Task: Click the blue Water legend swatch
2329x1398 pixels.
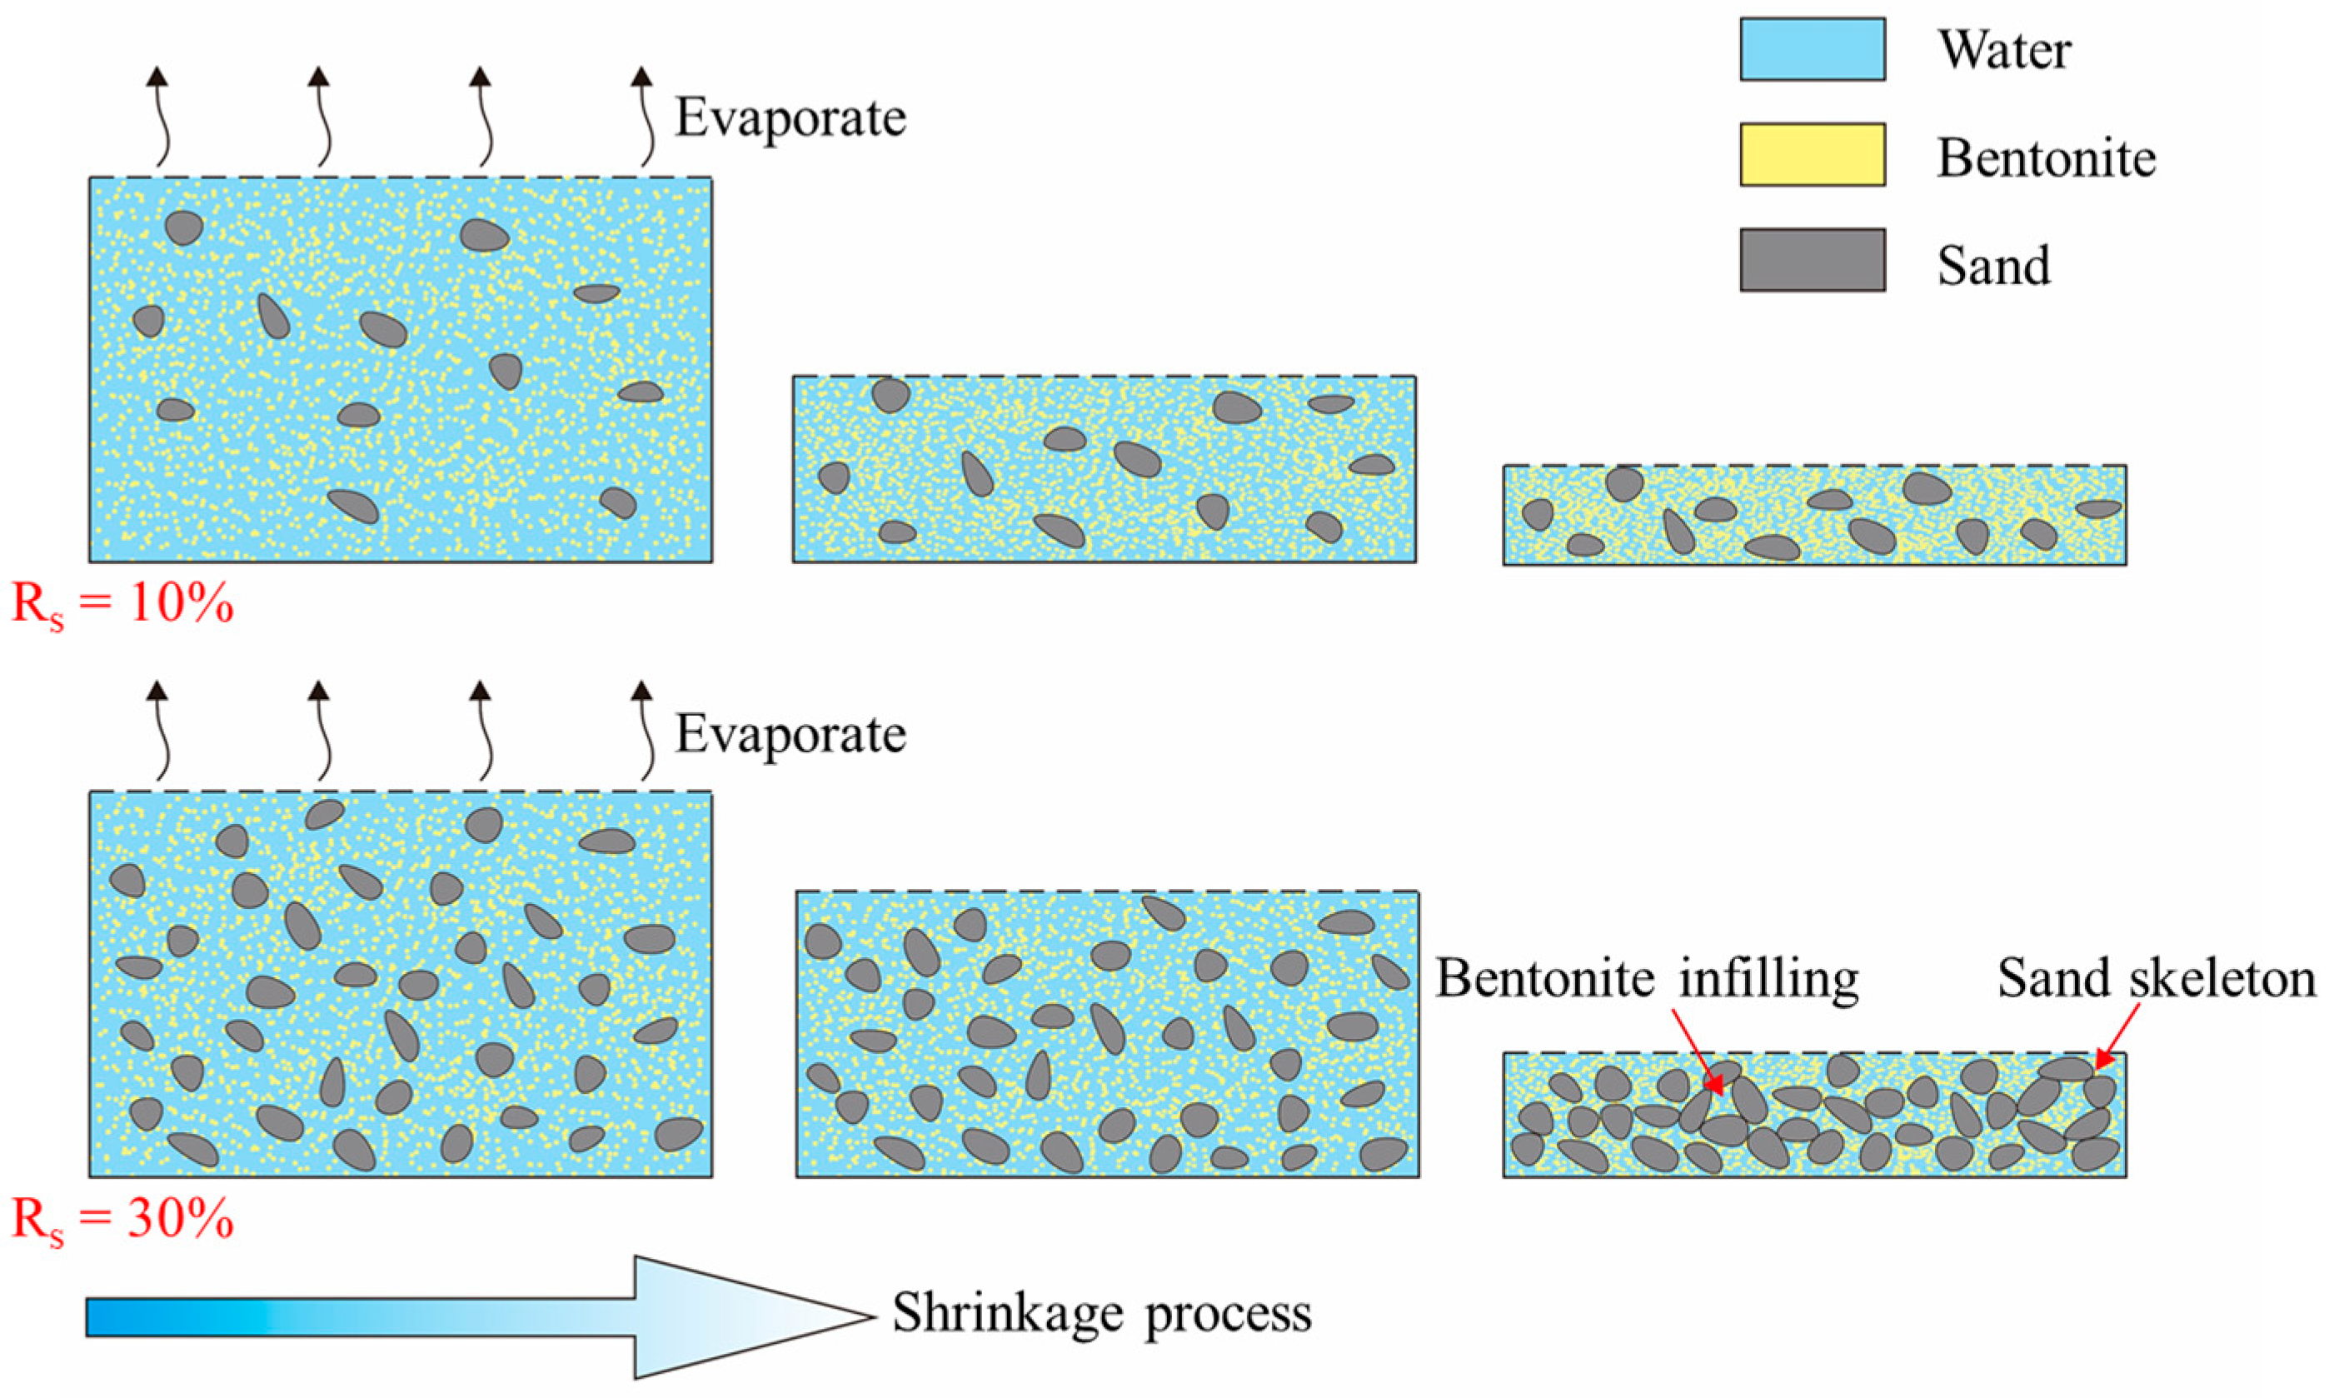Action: coord(1811,49)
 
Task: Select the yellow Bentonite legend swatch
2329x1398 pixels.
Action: coord(1811,154)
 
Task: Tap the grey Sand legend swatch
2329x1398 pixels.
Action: coord(1811,260)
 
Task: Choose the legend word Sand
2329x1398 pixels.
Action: coord(1992,265)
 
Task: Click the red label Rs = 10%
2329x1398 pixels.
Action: coord(122,604)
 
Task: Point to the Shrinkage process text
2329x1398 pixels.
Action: coord(1102,1313)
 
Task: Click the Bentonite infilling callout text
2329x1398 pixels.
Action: coord(1646,979)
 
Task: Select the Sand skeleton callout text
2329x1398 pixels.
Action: coord(2157,979)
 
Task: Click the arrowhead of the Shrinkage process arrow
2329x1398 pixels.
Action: coord(753,1317)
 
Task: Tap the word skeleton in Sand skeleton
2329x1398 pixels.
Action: coord(2222,979)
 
